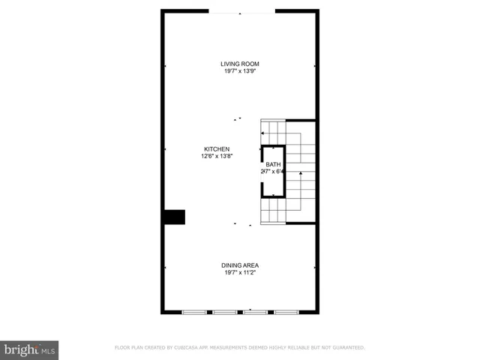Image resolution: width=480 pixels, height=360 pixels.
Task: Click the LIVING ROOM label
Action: click(240, 64)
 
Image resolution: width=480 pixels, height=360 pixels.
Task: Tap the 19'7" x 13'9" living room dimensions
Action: click(240, 71)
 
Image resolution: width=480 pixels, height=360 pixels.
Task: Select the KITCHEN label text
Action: click(217, 149)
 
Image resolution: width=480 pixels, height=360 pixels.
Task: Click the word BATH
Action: click(273, 163)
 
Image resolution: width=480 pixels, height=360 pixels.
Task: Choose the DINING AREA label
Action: click(240, 265)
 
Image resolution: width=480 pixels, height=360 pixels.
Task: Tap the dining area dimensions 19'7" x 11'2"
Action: click(240, 273)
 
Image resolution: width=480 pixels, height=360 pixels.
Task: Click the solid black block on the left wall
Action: click(175, 217)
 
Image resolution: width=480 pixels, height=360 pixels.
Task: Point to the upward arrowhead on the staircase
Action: click(301, 174)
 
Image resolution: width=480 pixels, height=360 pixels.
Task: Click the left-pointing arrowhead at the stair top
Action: click(262, 133)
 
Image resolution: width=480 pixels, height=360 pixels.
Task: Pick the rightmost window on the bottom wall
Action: click(286, 312)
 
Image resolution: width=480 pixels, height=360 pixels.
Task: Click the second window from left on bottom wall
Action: click(224, 312)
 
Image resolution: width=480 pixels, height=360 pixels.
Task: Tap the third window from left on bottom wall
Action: click(255, 312)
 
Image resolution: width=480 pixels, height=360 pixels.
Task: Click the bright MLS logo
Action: click(29, 349)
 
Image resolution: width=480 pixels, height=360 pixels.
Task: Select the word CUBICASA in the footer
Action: click(190, 348)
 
